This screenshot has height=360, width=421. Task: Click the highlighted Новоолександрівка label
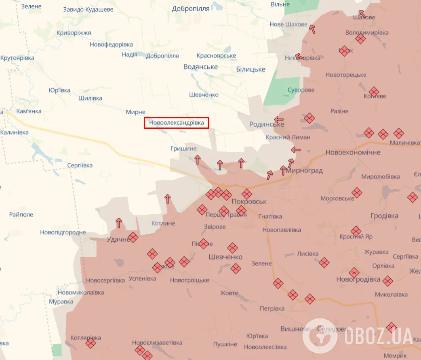[x=177, y=122]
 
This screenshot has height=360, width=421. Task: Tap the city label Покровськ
[x=249, y=201]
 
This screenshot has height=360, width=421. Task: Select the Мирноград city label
[x=304, y=170]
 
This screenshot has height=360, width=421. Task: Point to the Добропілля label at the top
[x=191, y=8]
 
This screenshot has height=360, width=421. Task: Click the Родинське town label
[x=267, y=124]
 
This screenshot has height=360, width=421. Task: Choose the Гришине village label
[x=183, y=149]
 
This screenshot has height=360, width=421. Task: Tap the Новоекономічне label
[x=353, y=153]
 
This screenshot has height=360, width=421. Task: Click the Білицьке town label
[x=250, y=69]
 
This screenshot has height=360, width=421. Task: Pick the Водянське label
[x=200, y=67]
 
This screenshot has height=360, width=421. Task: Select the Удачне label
[x=118, y=239]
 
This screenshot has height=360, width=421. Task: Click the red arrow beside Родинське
[x=279, y=119]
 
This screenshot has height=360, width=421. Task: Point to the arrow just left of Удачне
[x=119, y=223]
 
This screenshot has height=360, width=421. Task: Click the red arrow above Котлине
[x=167, y=199]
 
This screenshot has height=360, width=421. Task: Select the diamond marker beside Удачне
[x=133, y=237]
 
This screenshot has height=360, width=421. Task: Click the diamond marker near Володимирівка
[x=360, y=39]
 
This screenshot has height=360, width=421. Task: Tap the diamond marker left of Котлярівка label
[x=91, y=343]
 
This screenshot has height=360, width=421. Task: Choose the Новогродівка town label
[x=358, y=279]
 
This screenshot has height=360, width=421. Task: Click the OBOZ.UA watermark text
[x=379, y=336]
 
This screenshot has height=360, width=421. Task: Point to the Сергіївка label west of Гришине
[x=80, y=165]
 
